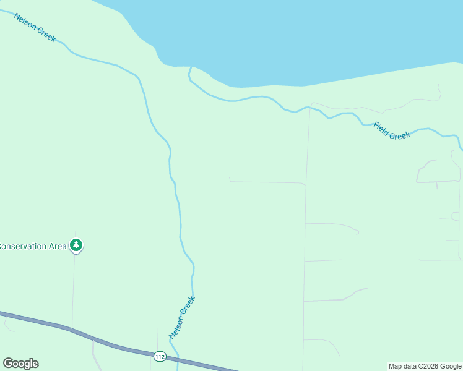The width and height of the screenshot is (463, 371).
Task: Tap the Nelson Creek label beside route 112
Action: (182, 317)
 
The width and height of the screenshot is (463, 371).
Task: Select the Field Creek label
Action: (392, 131)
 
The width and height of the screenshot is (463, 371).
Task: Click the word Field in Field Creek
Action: (380, 127)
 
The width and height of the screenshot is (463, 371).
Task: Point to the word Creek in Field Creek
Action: (400, 135)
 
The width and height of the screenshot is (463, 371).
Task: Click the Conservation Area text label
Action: (33, 246)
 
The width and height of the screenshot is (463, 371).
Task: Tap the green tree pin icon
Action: (76, 245)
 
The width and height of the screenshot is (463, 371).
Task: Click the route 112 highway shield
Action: (160, 357)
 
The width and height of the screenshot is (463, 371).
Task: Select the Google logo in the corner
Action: (21, 364)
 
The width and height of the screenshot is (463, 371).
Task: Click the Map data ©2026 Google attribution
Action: (425, 366)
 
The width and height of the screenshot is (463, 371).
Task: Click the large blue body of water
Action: (297, 37)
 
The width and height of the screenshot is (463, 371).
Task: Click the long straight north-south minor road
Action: (306, 235)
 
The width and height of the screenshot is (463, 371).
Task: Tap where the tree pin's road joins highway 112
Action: (72, 329)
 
